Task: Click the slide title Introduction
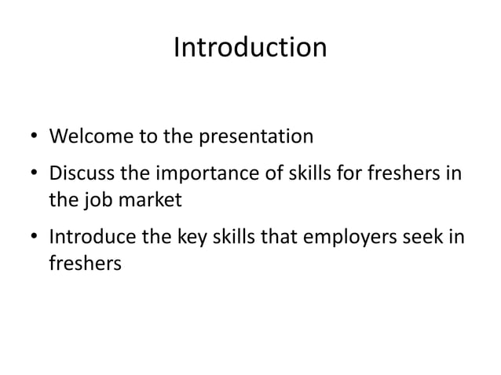[x=250, y=48]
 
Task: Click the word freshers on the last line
[x=85, y=264]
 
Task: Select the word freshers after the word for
[x=401, y=172]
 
